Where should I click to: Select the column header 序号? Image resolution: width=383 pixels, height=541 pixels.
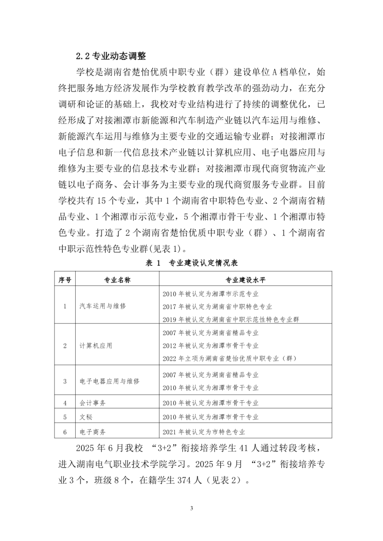point(65,280)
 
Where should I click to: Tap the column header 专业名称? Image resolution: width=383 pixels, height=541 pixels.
point(117,280)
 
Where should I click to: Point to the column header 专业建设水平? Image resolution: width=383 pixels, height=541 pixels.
point(245,280)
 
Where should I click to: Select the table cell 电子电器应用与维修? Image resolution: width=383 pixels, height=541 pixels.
point(110,381)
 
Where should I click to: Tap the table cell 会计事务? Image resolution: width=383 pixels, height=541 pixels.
point(93,403)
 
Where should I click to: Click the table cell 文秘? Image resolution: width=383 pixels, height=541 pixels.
point(86,417)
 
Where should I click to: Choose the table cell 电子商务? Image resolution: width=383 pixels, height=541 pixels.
point(93,431)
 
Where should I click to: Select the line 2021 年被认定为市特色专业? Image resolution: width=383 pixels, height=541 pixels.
point(204,431)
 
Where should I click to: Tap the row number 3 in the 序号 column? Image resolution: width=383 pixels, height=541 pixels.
point(65,381)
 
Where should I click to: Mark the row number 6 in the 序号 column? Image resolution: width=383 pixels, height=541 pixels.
point(65,431)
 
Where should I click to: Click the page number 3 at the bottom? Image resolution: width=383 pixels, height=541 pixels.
point(191,508)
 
